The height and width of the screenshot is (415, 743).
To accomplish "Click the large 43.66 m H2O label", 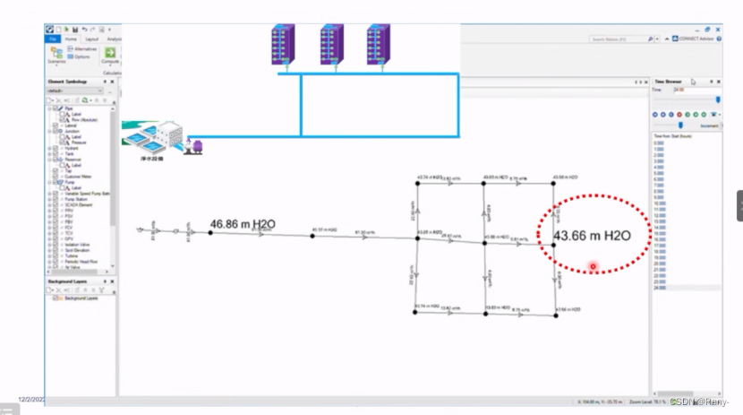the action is pyautogui.click(x=592, y=236).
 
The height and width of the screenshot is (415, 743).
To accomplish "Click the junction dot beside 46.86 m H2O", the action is pyautogui.click(x=210, y=233).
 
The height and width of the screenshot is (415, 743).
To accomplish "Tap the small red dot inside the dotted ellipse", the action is pyautogui.click(x=593, y=266).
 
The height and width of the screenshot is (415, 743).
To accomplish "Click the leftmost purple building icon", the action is pyautogui.click(x=284, y=44).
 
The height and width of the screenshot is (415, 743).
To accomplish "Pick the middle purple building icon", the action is pyautogui.click(x=331, y=44).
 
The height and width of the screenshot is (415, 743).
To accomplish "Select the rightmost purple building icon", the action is pyautogui.click(x=378, y=44).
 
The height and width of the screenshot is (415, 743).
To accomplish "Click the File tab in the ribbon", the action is pyautogui.click(x=53, y=39).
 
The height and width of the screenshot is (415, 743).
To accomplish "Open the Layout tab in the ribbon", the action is pyautogui.click(x=91, y=39).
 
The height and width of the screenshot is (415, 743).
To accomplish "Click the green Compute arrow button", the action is pyautogui.click(x=110, y=53).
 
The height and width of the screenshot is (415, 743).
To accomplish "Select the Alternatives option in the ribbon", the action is pyautogui.click(x=83, y=48).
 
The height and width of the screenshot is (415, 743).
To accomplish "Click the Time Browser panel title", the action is pyautogui.click(x=669, y=81).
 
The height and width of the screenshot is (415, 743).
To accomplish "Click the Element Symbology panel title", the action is pyautogui.click(x=68, y=81).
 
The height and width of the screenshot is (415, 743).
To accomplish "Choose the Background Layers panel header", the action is pyautogui.click(x=69, y=281).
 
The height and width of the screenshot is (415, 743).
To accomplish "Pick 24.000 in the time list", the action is pyautogui.click(x=660, y=288).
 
